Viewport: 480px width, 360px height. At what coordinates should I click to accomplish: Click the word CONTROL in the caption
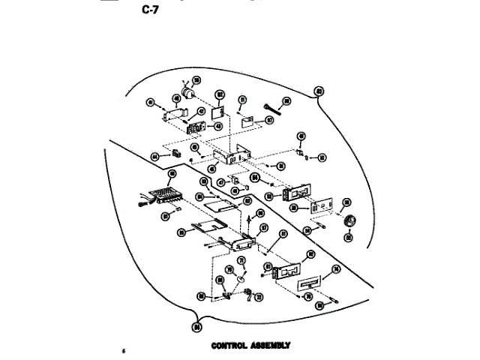click(x=230, y=346)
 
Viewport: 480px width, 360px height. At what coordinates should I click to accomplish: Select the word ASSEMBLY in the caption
click(x=272, y=346)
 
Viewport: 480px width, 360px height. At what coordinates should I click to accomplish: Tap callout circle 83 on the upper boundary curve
click(x=319, y=91)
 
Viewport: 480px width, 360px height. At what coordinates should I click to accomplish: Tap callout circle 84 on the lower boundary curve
click(x=196, y=326)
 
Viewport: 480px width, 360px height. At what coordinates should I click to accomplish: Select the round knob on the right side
click(x=346, y=223)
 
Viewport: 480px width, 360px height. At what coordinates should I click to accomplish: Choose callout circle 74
click(x=336, y=268)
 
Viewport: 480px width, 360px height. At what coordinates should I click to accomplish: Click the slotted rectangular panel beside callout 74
click(x=310, y=284)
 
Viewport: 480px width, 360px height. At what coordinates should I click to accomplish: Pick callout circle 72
click(x=259, y=298)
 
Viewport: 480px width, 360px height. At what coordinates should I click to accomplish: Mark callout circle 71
click(x=241, y=261)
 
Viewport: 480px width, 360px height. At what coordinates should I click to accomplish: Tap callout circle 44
click(x=155, y=156)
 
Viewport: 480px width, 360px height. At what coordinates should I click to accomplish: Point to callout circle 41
click(x=151, y=103)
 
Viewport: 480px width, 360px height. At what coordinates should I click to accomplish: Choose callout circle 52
click(x=268, y=196)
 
